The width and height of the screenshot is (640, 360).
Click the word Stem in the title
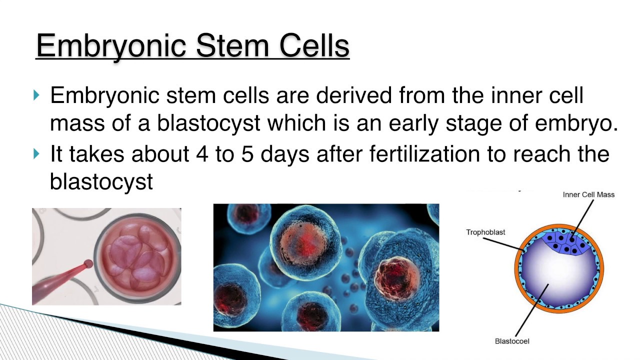(233, 45)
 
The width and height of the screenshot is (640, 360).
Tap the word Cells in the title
(313, 45)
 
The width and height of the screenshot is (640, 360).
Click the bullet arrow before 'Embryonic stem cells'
(36, 95)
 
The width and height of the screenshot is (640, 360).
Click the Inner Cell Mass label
(588, 194)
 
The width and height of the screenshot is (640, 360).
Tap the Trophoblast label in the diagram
(485, 232)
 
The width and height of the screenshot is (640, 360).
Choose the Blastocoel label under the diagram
(512, 341)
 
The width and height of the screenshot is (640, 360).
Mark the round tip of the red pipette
(88, 264)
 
